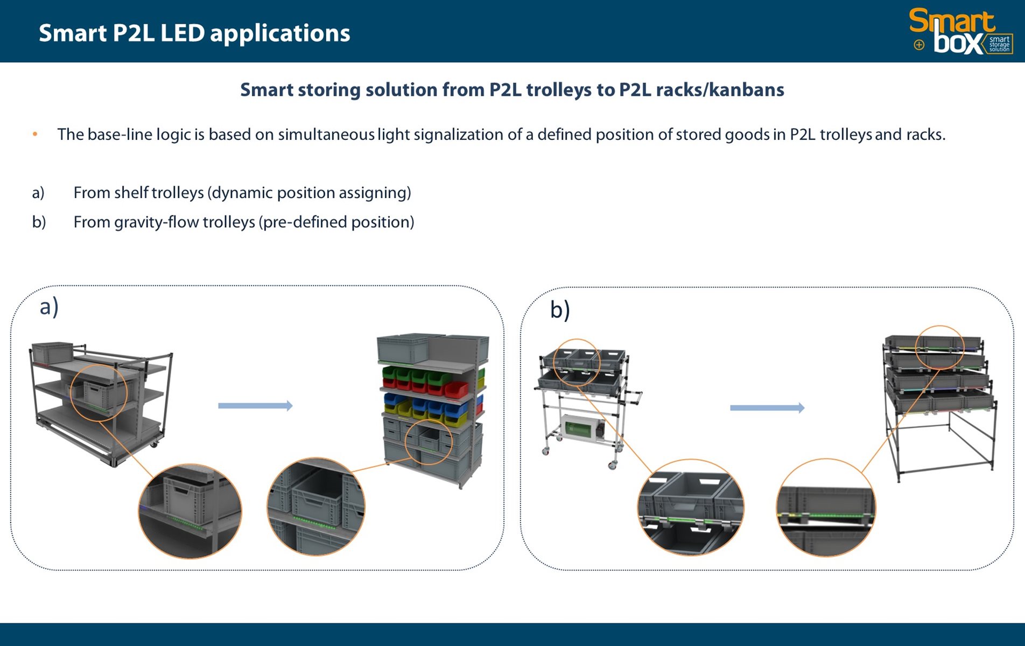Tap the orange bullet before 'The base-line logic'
point(35,134)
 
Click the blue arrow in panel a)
point(255,405)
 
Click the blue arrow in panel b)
point(767,408)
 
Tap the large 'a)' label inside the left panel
point(49,307)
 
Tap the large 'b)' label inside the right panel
point(559,310)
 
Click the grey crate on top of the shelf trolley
point(52,352)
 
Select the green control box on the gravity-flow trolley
point(580,429)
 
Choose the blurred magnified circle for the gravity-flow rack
point(825,508)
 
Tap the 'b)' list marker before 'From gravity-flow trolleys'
point(39,222)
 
